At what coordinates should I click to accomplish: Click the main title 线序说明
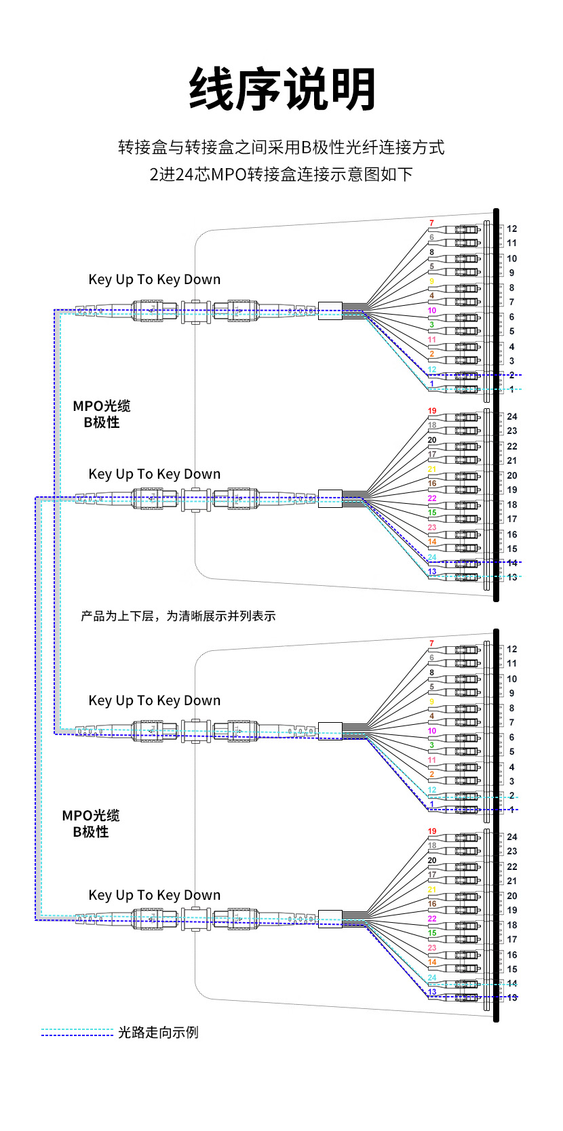click(x=281, y=90)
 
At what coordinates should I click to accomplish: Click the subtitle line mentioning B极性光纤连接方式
click(x=281, y=147)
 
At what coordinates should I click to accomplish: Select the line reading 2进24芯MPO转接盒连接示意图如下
click(x=281, y=174)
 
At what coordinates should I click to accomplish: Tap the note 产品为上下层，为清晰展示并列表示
click(x=178, y=616)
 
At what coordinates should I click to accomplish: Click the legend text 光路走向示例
click(x=158, y=1032)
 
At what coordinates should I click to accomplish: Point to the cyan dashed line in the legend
click(x=77, y=1029)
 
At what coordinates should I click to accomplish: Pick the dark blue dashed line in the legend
click(x=77, y=1035)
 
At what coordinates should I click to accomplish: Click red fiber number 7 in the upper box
click(x=431, y=223)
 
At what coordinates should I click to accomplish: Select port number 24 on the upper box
click(x=512, y=417)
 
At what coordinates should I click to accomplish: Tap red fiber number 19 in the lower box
click(x=432, y=831)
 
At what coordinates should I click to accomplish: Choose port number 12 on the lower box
click(x=512, y=649)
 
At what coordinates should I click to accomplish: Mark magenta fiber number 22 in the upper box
click(x=432, y=498)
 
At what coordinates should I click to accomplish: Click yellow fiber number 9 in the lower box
click(x=431, y=702)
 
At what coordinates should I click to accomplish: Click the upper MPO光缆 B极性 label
click(x=102, y=414)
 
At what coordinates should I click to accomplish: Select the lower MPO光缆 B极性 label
click(x=91, y=823)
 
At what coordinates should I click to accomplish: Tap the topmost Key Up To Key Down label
click(x=155, y=279)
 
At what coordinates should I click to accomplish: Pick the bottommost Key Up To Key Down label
click(x=155, y=895)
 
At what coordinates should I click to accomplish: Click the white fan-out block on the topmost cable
click(x=330, y=311)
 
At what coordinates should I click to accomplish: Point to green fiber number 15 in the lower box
click(x=432, y=933)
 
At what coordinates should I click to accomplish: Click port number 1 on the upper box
click(x=512, y=389)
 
